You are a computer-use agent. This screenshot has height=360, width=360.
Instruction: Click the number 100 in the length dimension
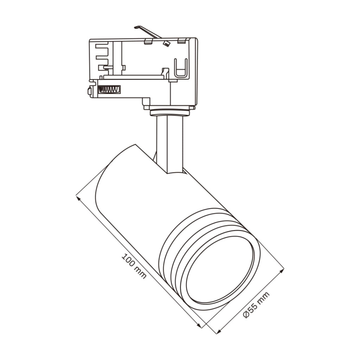tap(128, 260)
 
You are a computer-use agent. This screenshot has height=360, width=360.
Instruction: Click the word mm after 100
tap(140, 272)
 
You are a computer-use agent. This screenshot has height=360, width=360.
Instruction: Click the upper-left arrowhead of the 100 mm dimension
tap(78, 198)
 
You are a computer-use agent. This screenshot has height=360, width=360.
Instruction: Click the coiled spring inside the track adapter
tap(109, 90)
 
